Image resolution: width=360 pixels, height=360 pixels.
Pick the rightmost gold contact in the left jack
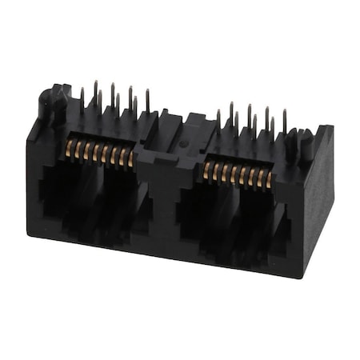click(131, 158)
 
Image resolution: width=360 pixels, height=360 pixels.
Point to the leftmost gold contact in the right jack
click(207, 170)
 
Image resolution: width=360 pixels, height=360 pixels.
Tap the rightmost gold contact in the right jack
click(268, 180)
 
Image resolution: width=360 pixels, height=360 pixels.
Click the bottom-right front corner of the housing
click(302, 277)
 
